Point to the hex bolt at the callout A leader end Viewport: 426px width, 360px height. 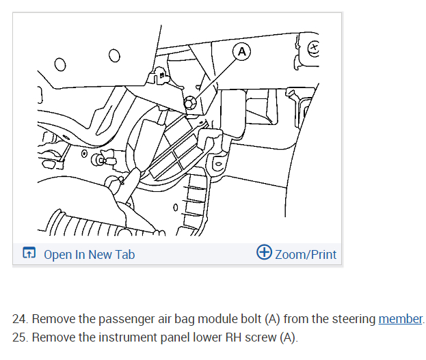click(191, 102)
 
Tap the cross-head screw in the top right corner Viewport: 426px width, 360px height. click(314, 48)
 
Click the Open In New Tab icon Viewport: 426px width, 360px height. click(29, 254)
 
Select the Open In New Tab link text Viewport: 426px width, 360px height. click(89, 255)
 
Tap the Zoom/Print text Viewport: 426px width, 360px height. click(305, 255)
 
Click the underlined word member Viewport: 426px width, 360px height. click(400, 319)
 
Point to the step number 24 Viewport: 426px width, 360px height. click(20, 319)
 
